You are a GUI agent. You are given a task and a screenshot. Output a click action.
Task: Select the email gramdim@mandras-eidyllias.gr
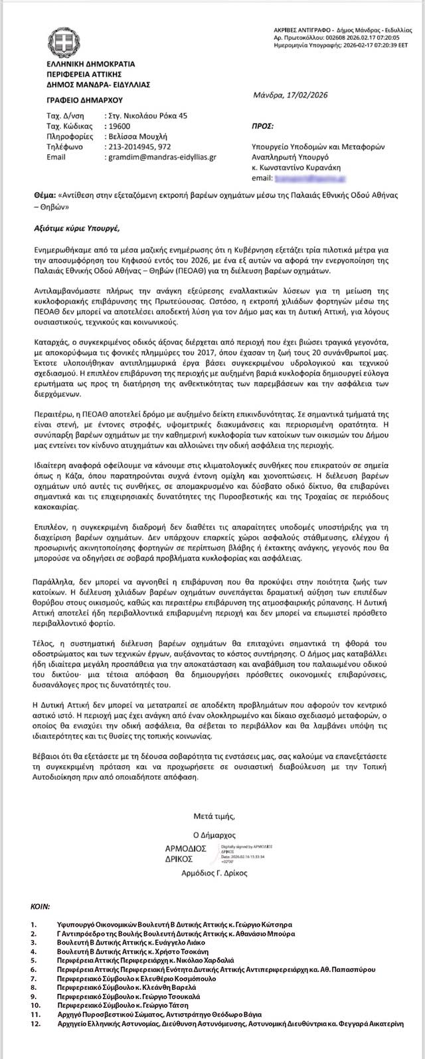coord(161,158)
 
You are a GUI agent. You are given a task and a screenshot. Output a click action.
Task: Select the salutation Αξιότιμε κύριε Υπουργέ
coord(76,229)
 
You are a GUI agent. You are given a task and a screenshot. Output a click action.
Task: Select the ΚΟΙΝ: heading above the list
coord(42,907)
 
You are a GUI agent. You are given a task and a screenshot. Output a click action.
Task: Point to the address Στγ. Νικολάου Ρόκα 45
coord(146,116)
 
